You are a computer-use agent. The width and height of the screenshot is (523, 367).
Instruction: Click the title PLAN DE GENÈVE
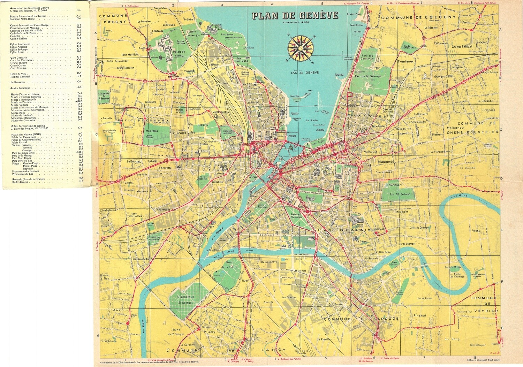295,16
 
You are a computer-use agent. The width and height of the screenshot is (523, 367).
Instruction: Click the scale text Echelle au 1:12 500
295,22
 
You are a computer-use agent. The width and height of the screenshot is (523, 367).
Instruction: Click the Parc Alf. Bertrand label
400,194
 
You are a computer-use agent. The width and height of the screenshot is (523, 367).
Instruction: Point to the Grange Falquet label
462,46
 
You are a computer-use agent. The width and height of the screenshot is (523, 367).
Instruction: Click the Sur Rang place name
452,339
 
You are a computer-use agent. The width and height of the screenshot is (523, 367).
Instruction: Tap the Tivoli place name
245,281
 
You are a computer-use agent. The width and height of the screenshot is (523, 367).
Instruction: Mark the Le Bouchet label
134,161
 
